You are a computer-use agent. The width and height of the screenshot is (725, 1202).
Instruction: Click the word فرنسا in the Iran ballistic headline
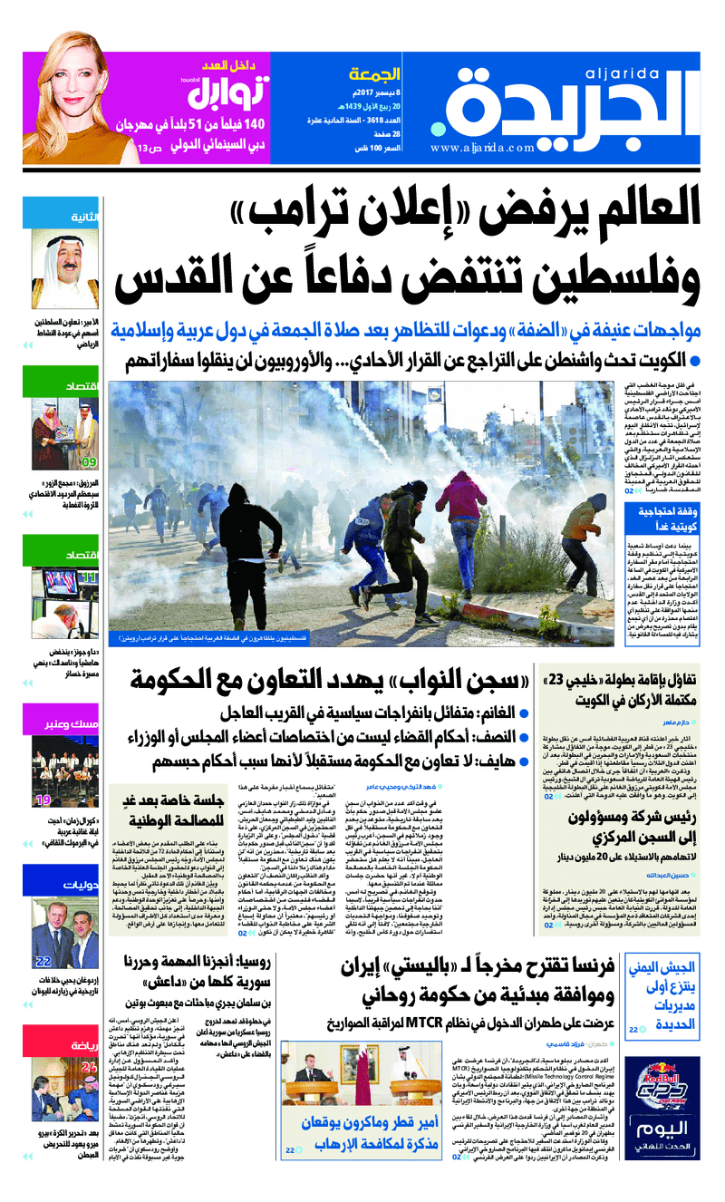click(581, 967)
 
